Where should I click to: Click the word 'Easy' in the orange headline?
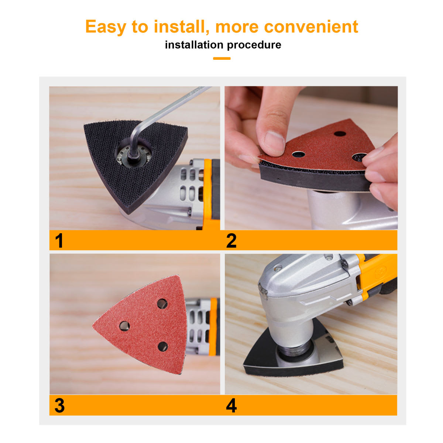click(106, 27)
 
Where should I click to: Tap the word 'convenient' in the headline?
click(311, 27)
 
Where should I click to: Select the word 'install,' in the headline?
click(181, 27)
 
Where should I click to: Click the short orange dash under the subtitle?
click(221, 58)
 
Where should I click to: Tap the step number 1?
click(59, 240)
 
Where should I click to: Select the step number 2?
click(231, 240)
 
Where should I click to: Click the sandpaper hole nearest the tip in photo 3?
click(124, 326)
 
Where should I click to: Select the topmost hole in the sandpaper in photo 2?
click(340, 134)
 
